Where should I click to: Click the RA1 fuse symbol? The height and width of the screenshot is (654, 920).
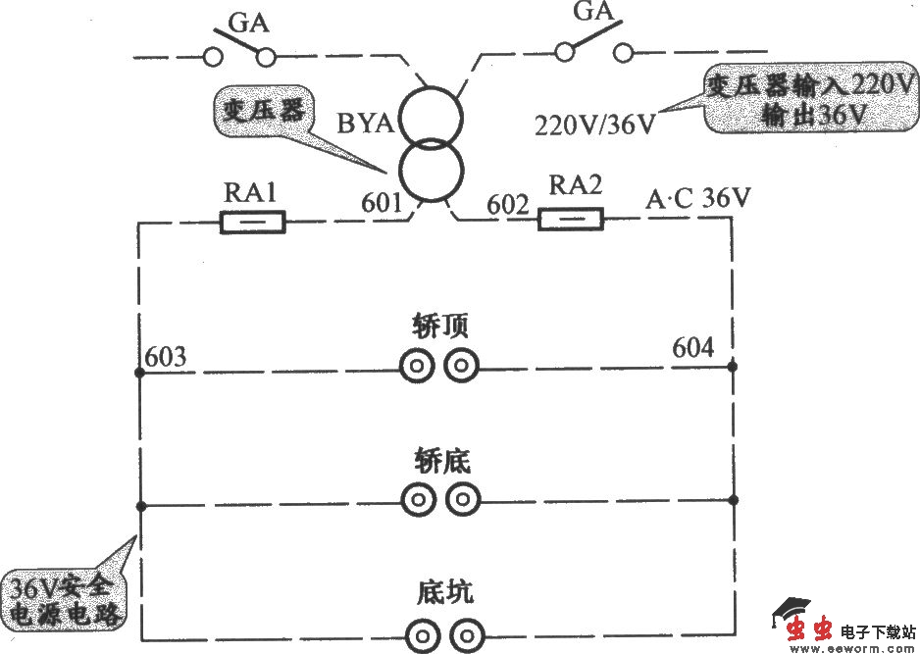click(253, 224)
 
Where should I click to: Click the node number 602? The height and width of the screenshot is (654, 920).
click(508, 206)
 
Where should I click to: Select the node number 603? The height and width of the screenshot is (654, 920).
click(164, 355)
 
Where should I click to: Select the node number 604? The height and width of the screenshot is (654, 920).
click(692, 347)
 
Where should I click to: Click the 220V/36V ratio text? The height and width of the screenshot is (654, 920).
click(595, 126)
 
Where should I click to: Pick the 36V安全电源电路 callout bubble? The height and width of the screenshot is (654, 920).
click(64, 600)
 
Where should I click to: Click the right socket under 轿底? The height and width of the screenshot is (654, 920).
click(462, 500)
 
